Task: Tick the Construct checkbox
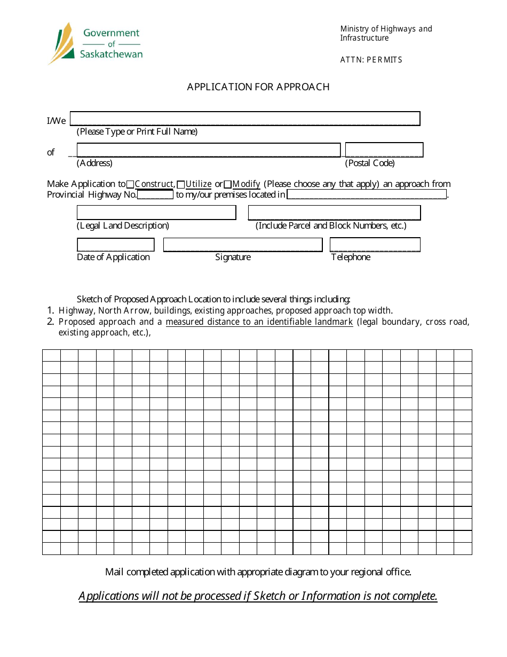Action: coord(130,184)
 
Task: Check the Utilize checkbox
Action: coord(181,184)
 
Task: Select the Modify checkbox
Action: coord(227,184)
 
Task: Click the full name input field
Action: coord(245,119)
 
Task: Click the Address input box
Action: coord(208,150)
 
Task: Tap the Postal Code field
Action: coord(384,150)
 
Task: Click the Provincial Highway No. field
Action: coord(155,194)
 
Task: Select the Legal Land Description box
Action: coord(156,213)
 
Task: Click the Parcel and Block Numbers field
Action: coord(334,213)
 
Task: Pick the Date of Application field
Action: coord(115,245)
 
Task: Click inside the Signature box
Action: coord(243,245)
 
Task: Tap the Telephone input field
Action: coord(375,245)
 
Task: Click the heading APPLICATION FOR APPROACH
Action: coord(258,87)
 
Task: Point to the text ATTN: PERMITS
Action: coord(371,60)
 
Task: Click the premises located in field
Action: coord(367,194)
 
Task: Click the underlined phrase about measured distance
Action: coord(259,322)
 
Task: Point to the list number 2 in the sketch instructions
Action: coord(50,322)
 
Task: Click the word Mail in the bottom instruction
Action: coord(114,572)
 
